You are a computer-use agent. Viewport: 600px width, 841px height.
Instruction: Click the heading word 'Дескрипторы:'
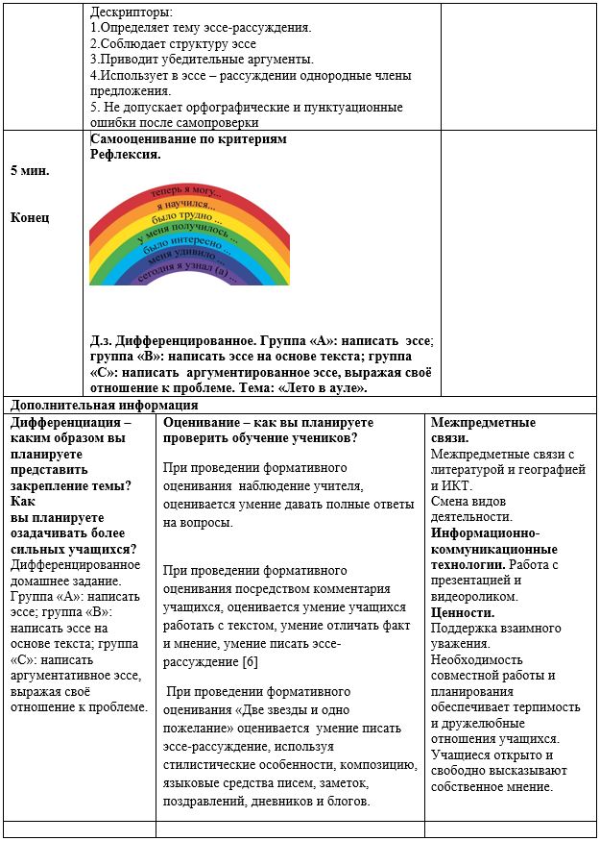[131, 13]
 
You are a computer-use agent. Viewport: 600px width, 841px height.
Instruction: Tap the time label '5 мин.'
[30, 170]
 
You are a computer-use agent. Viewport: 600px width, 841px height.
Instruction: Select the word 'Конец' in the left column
[30, 217]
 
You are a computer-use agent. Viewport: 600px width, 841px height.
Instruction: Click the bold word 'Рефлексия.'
[125, 154]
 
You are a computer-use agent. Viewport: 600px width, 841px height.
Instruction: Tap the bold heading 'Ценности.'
[463, 612]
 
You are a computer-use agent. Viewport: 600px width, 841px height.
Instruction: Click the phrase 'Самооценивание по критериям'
[188, 139]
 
